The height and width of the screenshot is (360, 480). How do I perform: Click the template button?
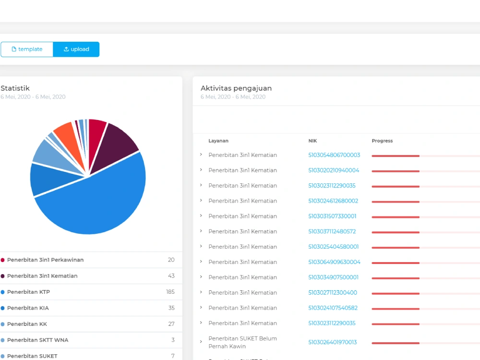pyautogui.click(x=27, y=49)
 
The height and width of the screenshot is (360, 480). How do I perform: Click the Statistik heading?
pyautogui.click(x=15, y=88)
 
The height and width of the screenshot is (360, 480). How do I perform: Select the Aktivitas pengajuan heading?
pyautogui.click(x=236, y=88)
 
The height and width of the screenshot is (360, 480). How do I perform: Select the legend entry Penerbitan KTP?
pyautogui.click(x=28, y=292)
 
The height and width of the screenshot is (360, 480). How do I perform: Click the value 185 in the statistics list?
pyautogui.click(x=170, y=292)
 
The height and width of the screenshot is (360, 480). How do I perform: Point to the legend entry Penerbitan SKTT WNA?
pyautogui.click(x=37, y=340)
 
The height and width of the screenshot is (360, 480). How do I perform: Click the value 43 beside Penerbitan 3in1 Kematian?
pyautogui.click(x=171, y=276)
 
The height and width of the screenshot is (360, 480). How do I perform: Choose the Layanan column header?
pyautogui.click(x=218, y=141)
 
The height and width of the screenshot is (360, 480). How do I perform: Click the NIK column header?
pyautogui.click(x=312, y=141)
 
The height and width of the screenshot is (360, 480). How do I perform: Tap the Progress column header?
pyautogui.click(x=382, y=141)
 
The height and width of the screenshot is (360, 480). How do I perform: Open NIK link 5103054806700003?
pyautogui.click(x=334, y=155)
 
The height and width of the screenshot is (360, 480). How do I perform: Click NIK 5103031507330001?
pyautogui.click(x=332, y=216)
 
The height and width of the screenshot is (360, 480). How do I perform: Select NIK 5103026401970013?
pyautogui.click(x=333, y=342)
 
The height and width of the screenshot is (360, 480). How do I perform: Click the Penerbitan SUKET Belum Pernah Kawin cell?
pyautogui.click(x=242, y=342)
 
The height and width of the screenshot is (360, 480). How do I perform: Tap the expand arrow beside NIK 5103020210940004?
pyautogui.click(x=201, y=170)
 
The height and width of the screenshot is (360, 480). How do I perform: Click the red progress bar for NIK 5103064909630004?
pyautogui.click(x=396, y=263)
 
